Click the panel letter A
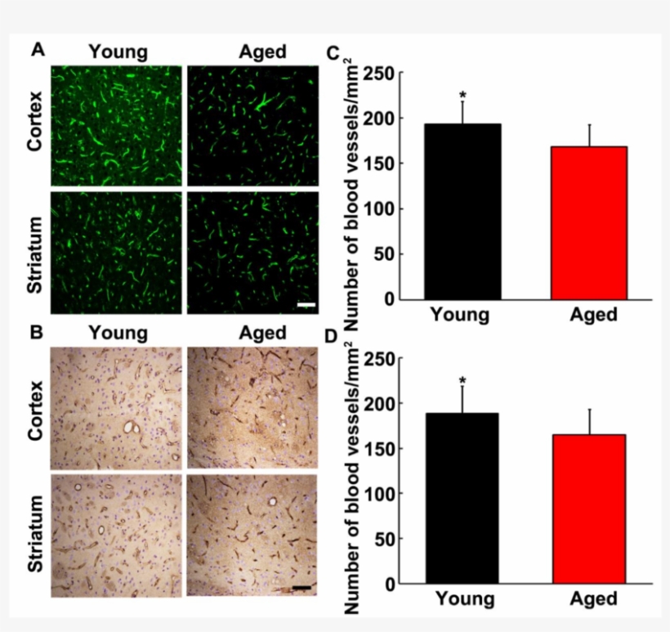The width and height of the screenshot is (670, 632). coord(38,51)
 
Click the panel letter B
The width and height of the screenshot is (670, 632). coord(38,333)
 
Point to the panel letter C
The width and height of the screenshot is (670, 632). coord(333,54)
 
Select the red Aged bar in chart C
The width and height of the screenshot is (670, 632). coord(588,222)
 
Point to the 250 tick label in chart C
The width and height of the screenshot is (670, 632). coord(378,74)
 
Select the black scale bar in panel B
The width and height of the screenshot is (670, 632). coord(300,587)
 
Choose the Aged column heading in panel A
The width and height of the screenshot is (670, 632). coord(262,52)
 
